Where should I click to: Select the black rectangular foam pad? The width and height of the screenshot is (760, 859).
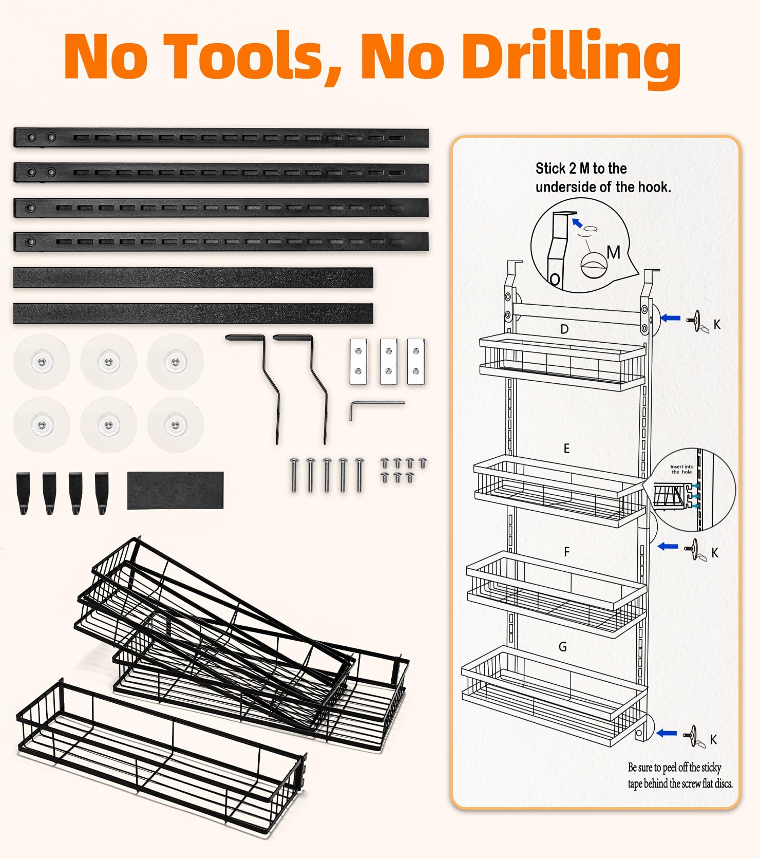tap(175, 490)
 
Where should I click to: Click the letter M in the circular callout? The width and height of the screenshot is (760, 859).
tap(613, 252)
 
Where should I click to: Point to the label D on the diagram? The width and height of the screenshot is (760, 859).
tap(564, 329)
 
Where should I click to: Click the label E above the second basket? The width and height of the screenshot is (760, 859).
tap(566, 449)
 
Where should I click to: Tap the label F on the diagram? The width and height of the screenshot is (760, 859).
tap(566, 552)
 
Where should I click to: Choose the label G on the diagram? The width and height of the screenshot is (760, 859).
tap(563, 647)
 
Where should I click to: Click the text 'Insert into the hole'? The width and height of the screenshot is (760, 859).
tap(681, 469)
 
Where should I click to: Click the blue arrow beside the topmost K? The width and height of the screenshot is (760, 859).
tap(670, 319)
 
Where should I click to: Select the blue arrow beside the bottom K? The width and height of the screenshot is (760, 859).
tap(667, 733)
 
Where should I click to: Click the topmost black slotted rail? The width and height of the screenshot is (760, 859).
tap(221, 138)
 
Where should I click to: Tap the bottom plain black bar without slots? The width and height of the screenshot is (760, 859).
tap(193, 313)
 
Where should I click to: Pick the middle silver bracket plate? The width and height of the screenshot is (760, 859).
tap(388, 361)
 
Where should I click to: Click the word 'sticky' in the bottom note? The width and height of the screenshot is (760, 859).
tap(711, 768)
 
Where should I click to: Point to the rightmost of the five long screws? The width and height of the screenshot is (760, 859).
tap(359, 475)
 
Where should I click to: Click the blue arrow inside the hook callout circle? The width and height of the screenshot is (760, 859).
tap(577, 223)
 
